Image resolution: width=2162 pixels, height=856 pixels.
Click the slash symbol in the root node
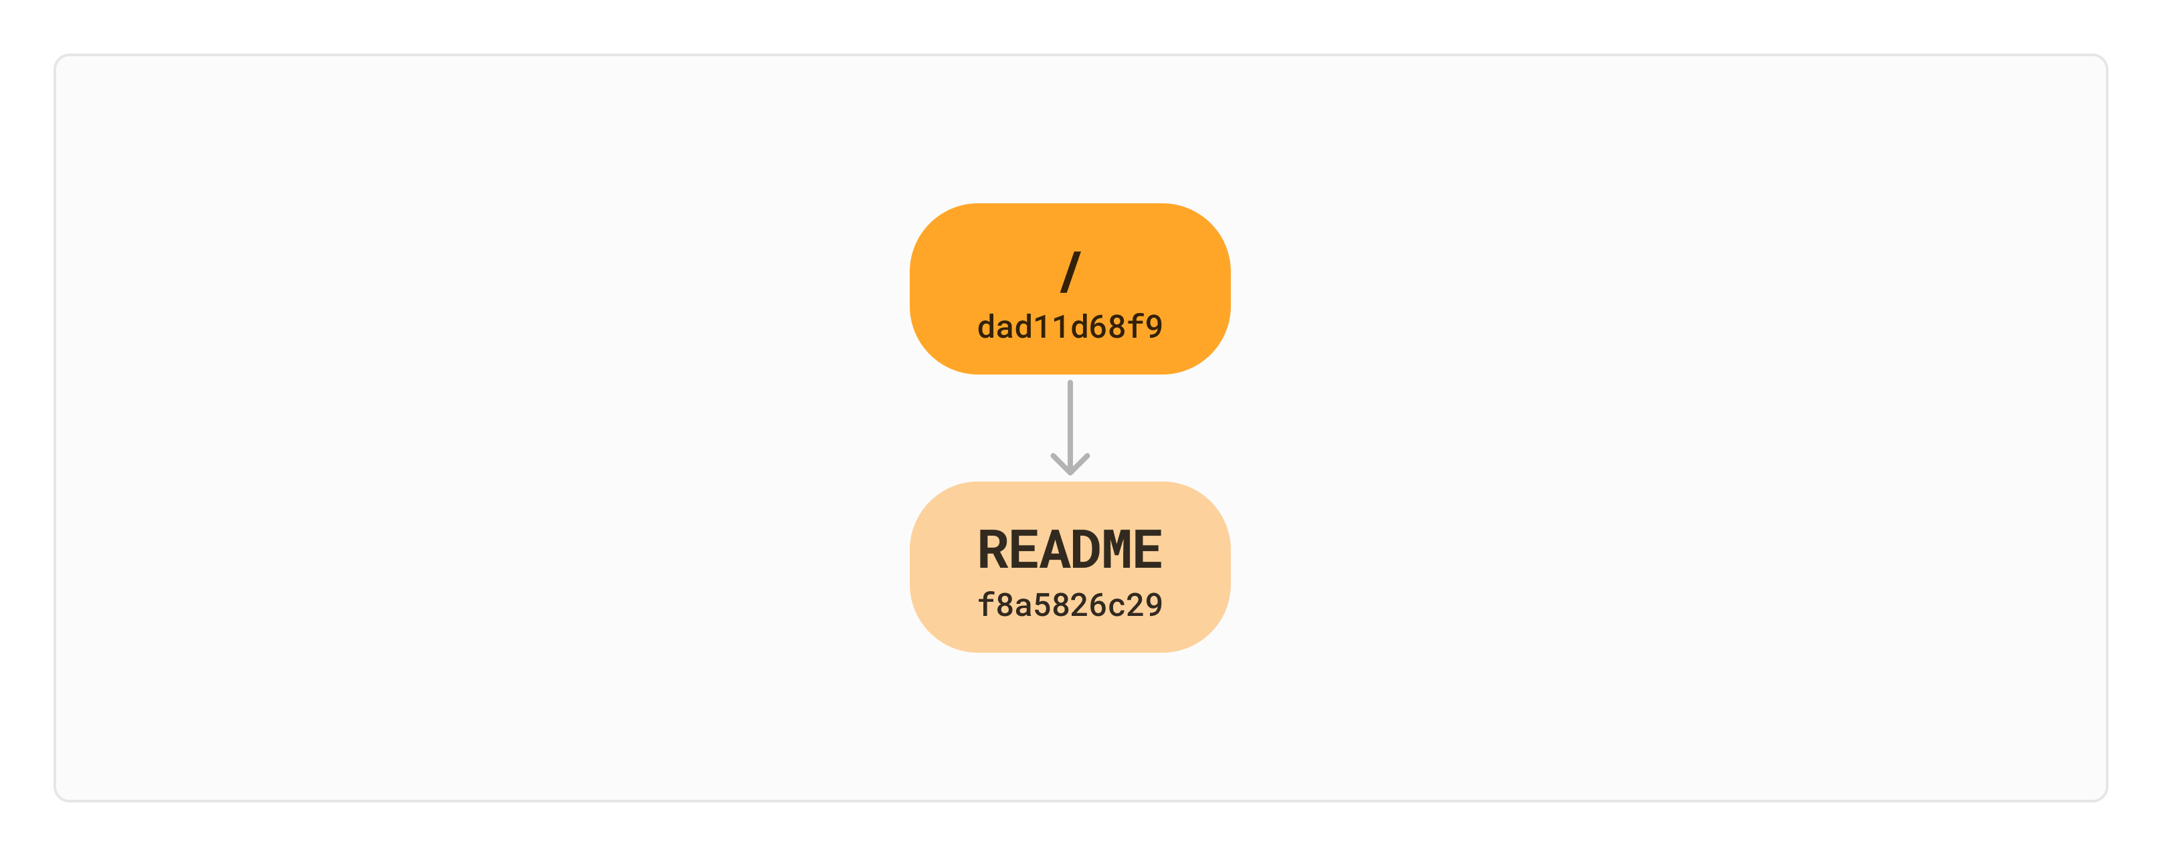1070,272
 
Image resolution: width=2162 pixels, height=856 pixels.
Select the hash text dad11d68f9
1070,326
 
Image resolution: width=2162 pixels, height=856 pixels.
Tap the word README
1070,550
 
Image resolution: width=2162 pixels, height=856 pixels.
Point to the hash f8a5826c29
1070,605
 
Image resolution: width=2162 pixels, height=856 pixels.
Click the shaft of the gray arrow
1070,419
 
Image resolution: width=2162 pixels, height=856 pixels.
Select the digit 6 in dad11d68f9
1098,326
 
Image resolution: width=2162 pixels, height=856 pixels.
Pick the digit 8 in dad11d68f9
1116,326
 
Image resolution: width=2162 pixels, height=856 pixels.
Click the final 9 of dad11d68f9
1154,326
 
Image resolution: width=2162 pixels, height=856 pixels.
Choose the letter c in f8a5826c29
1116,605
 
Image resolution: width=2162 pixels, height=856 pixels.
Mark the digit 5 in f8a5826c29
1042,605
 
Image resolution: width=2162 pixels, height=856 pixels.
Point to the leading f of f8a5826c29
987,605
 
